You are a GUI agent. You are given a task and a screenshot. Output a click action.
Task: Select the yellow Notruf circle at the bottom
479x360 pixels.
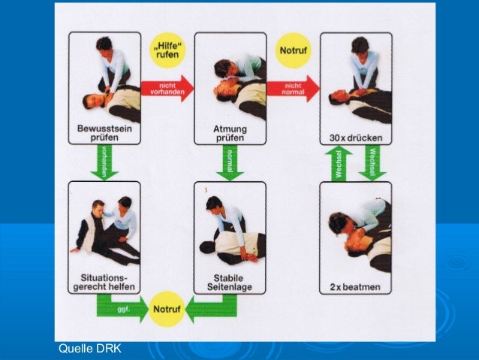167,309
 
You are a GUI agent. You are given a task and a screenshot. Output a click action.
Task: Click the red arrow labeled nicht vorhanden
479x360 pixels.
167,87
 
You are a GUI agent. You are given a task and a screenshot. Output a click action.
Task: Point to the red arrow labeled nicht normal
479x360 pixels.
293,87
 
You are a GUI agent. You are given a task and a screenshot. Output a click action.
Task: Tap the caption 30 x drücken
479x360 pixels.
356,138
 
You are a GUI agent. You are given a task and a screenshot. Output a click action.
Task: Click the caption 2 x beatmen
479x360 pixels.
356,287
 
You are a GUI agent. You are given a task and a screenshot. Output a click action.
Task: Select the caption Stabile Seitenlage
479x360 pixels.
230,282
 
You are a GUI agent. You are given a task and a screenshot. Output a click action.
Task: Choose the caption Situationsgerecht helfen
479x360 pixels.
104,282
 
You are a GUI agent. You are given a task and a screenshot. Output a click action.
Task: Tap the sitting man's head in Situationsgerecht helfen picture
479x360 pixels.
98,207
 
